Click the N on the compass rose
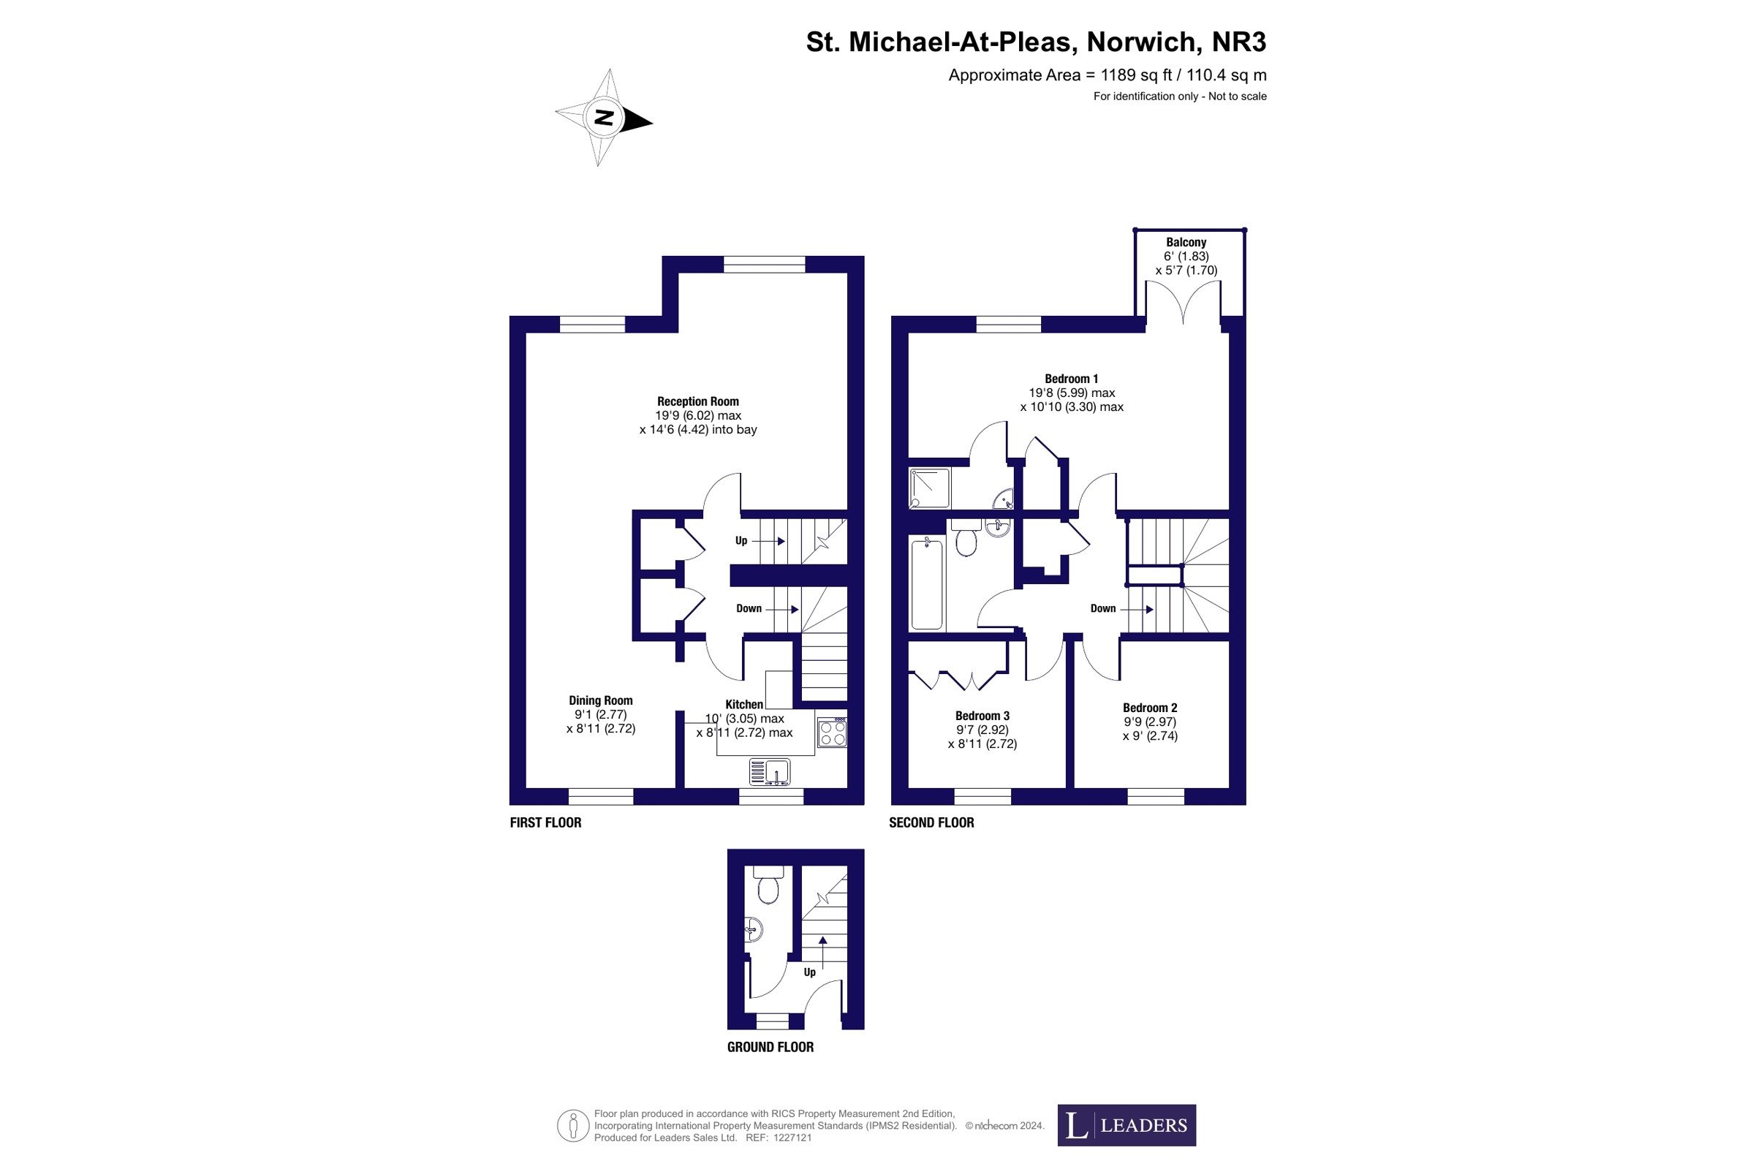[x=605, y=118]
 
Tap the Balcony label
[x=1186, y=242]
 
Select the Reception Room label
[x=697, y=401]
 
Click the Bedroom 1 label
[x=1071, y=379]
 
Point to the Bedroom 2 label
[x=1150, y=708]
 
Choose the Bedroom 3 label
[x=982, y=716]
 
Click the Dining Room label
[x=601, y=700]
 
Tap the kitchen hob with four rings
[x=832, y=731]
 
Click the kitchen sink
[x=770, y=771]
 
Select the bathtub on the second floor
[x=926, y=583]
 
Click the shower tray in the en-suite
[x=929, y=488]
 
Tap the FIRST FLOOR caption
[x=545, y=822]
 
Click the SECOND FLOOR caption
[x=931, y=822]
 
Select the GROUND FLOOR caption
[x=771, y=1047]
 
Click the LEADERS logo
[x=1127, y=1125]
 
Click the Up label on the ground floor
[x=809, y=972]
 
